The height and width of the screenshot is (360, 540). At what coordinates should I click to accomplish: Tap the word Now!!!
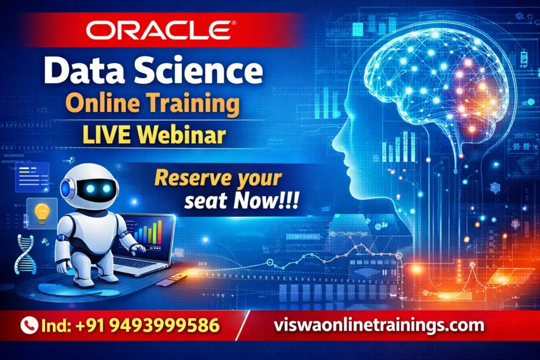[x=266, y=202]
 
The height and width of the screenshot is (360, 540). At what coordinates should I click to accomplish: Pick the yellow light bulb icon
[x=42, y=212]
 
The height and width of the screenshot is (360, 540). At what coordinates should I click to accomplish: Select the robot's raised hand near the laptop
[x=138, y=247]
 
